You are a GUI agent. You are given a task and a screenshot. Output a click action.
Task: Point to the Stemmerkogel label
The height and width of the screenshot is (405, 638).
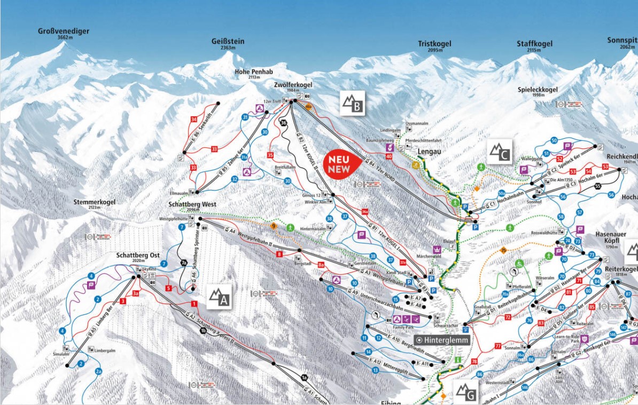[x=94, y=202]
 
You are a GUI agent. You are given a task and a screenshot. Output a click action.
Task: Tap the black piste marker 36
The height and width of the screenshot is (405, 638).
[x=283, y=123]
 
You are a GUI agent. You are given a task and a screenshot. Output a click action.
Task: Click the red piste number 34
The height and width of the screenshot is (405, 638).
[x=193, y=119]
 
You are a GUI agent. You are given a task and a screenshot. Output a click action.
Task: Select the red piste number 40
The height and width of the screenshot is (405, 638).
[x=388, y=156]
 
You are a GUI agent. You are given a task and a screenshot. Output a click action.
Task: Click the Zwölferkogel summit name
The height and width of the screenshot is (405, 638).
[x=293, y=85]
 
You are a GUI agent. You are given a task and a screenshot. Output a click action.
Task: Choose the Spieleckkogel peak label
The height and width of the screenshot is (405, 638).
[x=538, y=89]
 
